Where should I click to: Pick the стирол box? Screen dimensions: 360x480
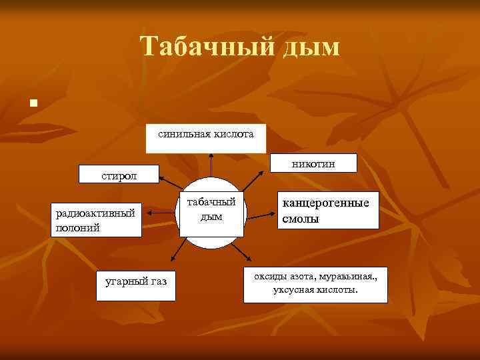tap(119, 175)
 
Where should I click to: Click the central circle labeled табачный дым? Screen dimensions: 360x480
tap(211, 213)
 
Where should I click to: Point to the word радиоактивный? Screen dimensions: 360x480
tap(95, 213)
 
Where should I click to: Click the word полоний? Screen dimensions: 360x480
tap(78, 227)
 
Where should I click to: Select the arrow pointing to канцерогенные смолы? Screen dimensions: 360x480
tap(262, 213)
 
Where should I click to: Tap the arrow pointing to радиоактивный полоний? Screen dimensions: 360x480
tap(161, 213)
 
